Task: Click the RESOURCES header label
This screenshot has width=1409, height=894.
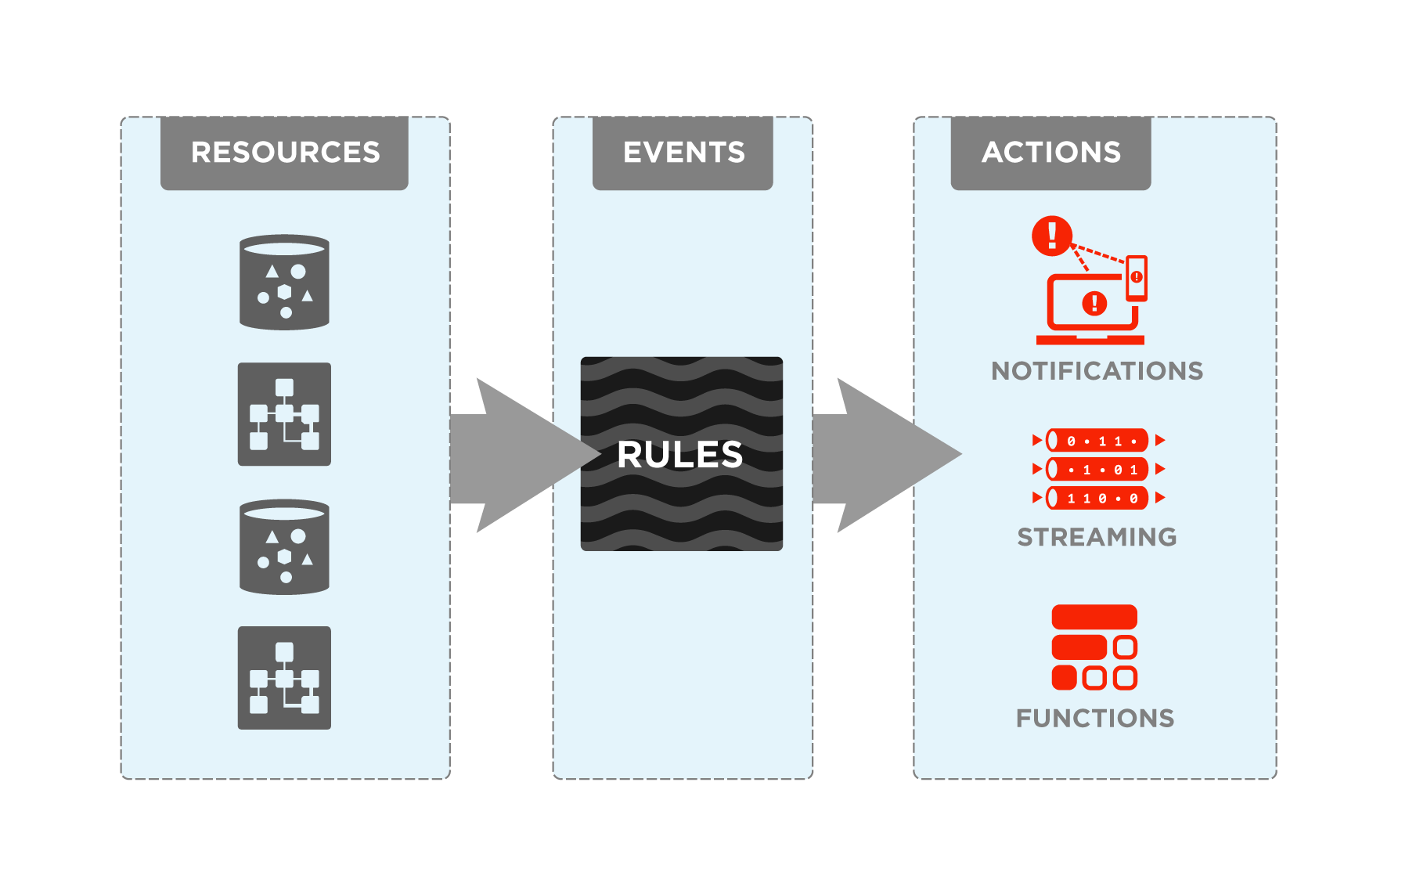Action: [285, 152]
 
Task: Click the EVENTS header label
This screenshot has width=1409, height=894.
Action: [683, 152]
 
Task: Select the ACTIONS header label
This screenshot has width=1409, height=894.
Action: [1051, 152]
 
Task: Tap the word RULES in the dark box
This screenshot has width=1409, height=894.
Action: [679, 455]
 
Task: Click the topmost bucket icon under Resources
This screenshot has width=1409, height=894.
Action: [284, 283]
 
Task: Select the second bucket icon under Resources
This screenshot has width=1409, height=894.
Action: [284, 547]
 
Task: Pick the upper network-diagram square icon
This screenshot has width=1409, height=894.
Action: [284, 414]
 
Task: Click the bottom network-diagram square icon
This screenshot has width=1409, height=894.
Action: [284, 678]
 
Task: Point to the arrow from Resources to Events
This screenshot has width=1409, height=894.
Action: [517, 456]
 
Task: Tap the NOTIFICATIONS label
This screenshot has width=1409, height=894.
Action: [1097, 371]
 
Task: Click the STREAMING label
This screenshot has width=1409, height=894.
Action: [1097, 537]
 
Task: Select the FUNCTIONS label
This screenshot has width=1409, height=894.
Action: [1095, 718]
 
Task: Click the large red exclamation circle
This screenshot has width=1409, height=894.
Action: [1052, 236]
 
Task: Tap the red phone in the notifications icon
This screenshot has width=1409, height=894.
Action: [1137, 278]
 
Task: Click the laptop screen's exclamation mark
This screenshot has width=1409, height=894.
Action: [1094, 303]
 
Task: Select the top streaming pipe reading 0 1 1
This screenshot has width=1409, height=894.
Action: [1097, 441]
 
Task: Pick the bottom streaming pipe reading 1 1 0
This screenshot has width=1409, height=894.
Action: [1097, 498]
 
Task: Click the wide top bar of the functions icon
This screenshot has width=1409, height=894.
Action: [1094, 617]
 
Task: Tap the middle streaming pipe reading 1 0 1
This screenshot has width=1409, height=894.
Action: [1097, 470]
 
